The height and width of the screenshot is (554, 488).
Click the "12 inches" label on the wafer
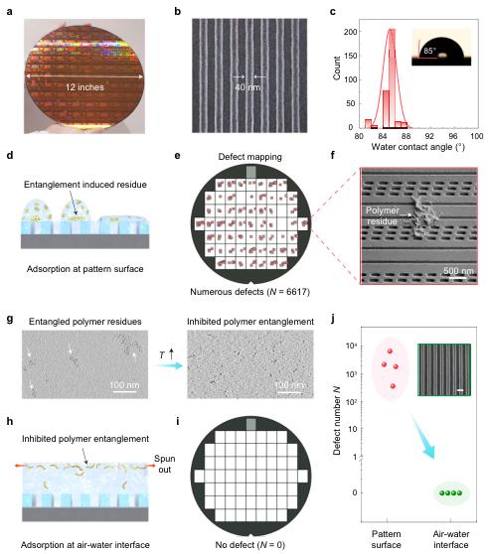[x=84, y=87]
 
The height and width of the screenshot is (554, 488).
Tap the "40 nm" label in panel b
[x=247, y=87]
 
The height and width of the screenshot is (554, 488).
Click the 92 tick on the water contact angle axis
[x=429, y=136]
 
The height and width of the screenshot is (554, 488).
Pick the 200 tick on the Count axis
[x=351, y=32]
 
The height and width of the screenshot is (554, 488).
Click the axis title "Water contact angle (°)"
[x=418, y=147]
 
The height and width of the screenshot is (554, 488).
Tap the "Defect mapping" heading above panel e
[x=250, y=157]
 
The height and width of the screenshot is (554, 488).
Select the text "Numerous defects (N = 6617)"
[x=250, y=292]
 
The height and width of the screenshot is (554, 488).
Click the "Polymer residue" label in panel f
[x=382, y=215]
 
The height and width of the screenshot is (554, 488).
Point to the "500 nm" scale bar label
[x=458, y=271]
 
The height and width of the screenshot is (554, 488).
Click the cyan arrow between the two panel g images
[x=168, y=365]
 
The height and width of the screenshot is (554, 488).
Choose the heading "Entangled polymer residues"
[x=85, y=322]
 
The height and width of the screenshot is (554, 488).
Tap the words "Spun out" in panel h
[x=165, y=464]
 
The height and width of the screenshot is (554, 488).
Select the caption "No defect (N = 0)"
[x=250, y=545]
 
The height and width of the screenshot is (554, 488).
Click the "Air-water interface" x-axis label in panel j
[x=451, y=539]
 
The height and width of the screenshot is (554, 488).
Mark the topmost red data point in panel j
[x=390, y=351]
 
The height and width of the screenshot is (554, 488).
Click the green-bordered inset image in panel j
[x=444, y=369]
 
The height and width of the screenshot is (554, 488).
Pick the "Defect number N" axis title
[x=336, y=420]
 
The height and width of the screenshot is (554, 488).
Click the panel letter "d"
[x=10, y=155]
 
